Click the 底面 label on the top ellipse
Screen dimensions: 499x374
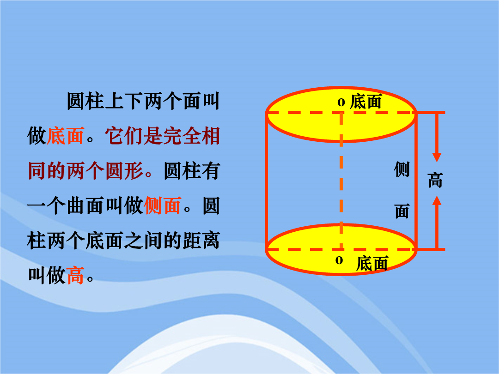click(x=365, y=102)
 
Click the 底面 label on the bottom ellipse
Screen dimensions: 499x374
click(x=371, y=264)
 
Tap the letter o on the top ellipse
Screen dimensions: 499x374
click(x=341, y=103)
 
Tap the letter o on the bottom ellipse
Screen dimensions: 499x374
click(x=339, y=260)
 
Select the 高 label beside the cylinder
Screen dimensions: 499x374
click(x=435, y=180)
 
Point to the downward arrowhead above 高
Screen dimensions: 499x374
click(x=437, y=157)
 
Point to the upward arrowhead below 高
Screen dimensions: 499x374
click(x=437, y=201)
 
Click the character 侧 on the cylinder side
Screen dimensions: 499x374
click(x=402, y=169)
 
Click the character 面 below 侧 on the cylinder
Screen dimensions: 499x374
click(x=402, y=211)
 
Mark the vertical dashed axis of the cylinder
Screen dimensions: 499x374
click(x=341, y=181)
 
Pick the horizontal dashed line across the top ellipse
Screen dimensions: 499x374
click(x=341, y=113)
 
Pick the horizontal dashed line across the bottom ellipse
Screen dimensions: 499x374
click(x=341, y=250)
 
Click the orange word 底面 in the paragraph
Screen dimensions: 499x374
click(x=65, y=136)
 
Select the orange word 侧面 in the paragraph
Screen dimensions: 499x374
click(x=163, y=205)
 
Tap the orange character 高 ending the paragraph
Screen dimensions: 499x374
click(x=75, y=275)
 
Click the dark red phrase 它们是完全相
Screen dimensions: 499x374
click(x=162, y=136)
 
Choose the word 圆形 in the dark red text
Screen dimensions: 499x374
click(x=124, y=171)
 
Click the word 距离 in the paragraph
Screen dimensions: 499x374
click(x=201, y=241)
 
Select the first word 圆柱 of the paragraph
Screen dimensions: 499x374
click(x=85, y=101)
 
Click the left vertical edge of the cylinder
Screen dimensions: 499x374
click(x=267, y=181)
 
